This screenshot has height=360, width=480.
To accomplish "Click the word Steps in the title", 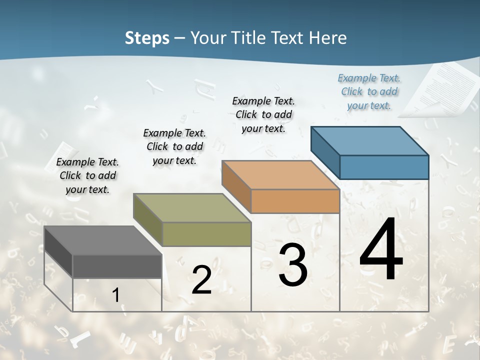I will pyautogui.click(x=147, y=38).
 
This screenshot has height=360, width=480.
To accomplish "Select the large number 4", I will pyautogui.click(x=381, y=250).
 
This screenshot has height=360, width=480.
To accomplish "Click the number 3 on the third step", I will pyautogui.click(x=293, y=265).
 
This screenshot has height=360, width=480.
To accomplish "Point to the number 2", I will pyautogui.click(x=201, y=280).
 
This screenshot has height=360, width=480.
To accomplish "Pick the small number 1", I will pyautogui.click(x=115, y=295).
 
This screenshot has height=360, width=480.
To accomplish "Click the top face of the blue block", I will pyautogui.click(x=369, y=141).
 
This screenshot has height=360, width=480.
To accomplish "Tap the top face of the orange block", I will pyautogui.click(x=280, y=175).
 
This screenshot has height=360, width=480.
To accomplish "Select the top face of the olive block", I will pyautogui.click(x=191, y=208).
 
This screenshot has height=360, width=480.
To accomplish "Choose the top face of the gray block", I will pyautogui.click(x=102, y=240).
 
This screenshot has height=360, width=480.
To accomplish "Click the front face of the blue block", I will pyautogui.click(x=384, y=167).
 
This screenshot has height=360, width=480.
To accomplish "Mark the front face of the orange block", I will pyautogui.click(x=295, y=201).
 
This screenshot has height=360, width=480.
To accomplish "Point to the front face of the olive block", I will pyautogui.click(x=206, y=234).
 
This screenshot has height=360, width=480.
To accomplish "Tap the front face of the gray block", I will pyautogui.click(x=117, y=266).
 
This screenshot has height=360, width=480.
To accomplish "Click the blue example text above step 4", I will pyautogui.click(x=369, y=91).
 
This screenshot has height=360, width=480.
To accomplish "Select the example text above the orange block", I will pyautogui.click(x=263, y=114).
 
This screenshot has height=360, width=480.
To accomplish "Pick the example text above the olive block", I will pyautogui.click(x=174, y=146).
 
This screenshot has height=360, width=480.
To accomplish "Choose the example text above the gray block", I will pyautogui.click(x=87, y=175).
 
